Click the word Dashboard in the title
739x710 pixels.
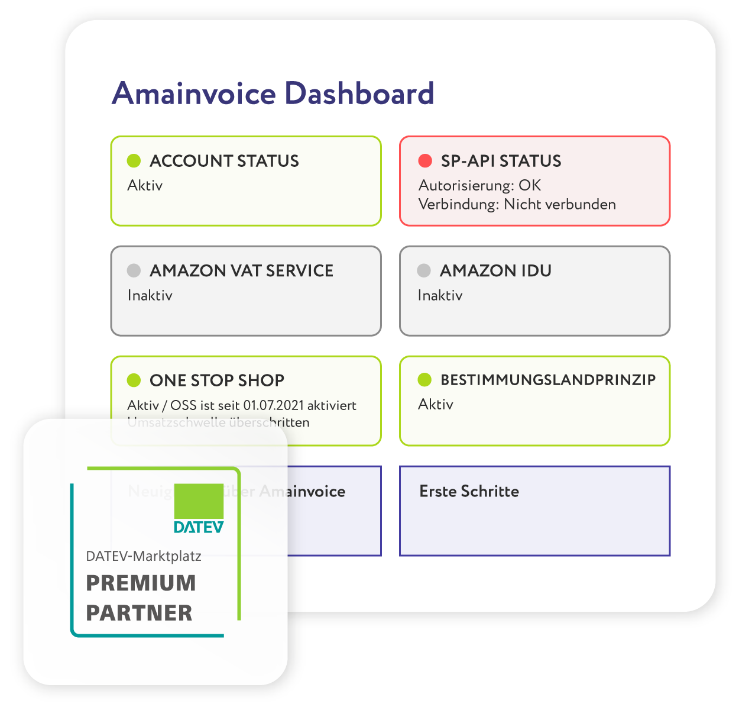click(359, 94)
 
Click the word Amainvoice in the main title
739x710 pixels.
click(195, 94)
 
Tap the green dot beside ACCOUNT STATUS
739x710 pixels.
click(134, 160)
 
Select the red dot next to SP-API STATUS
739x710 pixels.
click(425, 160)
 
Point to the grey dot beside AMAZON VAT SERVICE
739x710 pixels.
click(134, 270)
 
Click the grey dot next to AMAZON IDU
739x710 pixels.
click(424, 270)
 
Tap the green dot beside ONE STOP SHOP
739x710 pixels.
click(134, 380)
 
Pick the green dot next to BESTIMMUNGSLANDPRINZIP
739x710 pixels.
click(424, 380)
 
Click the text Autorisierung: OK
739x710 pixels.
click(479, 185)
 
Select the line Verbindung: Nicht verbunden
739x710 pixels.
click(517, 204)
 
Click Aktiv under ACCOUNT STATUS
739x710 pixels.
click(145, 185)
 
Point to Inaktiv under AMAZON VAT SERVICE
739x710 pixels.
click(150, 295)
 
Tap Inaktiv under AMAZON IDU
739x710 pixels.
click(440, 295)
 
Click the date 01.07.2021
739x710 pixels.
click(274, 405)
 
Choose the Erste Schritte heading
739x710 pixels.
click(469, 491)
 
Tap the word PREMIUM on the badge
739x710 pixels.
click(141, 583)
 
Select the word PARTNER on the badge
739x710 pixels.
click(139, 613)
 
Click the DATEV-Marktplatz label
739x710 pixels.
click(144, 556)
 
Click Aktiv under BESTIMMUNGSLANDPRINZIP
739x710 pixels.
click(436, 404)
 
